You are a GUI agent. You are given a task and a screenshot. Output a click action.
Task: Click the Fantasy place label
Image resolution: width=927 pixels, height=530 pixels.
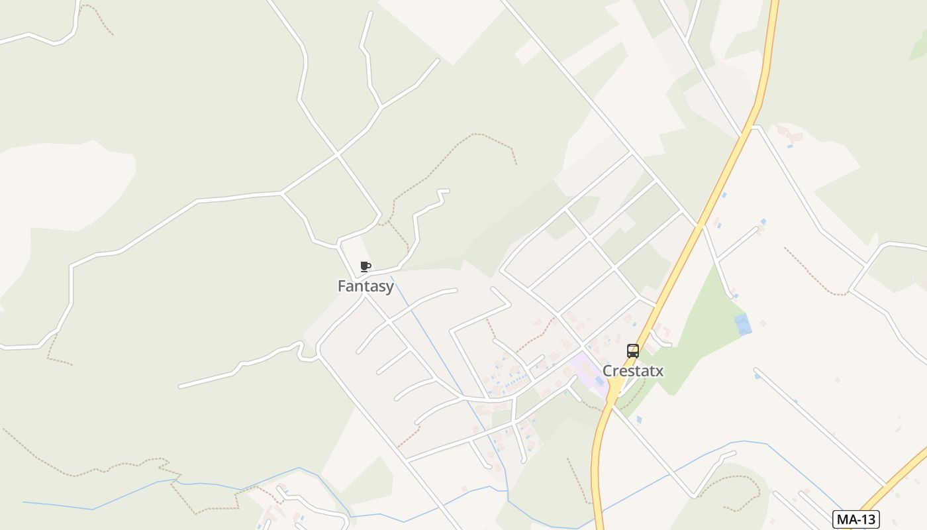[366, 286]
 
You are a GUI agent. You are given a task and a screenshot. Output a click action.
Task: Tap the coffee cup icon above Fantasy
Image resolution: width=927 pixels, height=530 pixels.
[365, 267]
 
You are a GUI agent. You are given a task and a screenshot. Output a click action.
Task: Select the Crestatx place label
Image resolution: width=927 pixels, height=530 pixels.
[632, 371]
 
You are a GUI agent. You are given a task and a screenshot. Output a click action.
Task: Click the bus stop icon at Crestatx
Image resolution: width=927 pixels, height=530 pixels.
[633, 351]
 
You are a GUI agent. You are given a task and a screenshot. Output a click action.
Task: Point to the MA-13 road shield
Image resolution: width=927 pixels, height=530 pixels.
[856, 519]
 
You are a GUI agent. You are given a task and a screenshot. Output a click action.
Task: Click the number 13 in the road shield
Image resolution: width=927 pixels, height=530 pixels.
[867, 519]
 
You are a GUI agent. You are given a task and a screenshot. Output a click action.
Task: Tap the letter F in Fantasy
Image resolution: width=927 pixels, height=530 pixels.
[342, 286]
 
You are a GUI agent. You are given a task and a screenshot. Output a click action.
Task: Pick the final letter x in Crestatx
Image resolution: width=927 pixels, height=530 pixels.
[659, 371]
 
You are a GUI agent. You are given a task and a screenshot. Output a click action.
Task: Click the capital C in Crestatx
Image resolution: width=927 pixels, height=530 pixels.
[607, 371]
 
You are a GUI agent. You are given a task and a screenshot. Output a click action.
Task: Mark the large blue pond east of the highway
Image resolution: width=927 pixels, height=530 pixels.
[742, 324]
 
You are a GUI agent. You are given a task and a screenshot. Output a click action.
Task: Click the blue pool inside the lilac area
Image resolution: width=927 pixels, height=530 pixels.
[599, 380]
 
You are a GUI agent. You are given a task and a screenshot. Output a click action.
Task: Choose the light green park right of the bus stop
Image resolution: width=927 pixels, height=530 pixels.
[702, 338]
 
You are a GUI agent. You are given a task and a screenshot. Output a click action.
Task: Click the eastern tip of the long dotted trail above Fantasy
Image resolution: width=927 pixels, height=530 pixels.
[516, 163]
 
